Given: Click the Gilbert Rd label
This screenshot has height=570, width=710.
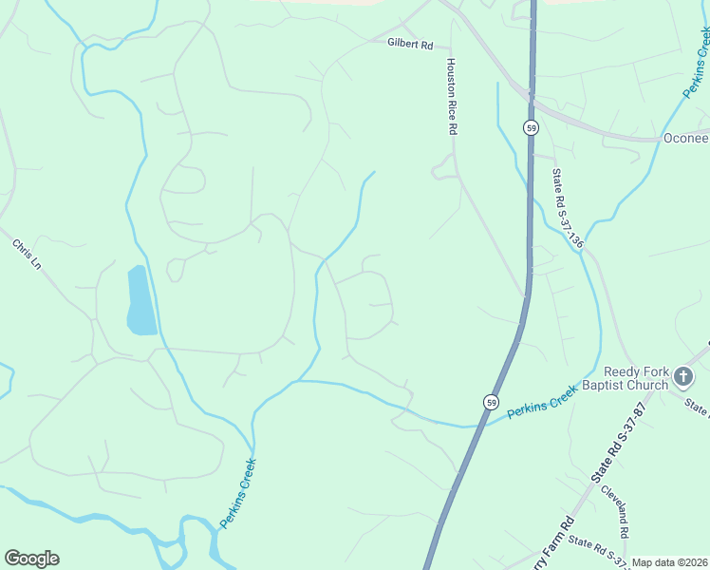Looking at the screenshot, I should pyautogui.click(x=409, y=43).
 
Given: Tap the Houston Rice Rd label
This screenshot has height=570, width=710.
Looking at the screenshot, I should pyautogui.click(x=452, y=95).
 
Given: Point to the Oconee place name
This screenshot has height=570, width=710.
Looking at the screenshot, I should pyautogui.click(x=685, y=139).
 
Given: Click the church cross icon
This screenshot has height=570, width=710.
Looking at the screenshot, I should pyautogui.click(x=682, y=378).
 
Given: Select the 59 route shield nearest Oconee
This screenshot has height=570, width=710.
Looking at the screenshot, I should pyautogui.click(x=532, y=127).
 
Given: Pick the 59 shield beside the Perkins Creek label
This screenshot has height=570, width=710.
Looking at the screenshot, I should pyautogui.click(x=490, y=403).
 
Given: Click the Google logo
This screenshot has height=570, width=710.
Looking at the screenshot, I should pyautogui.click(x=31, y=559).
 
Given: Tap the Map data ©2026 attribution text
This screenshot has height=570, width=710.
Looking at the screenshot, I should pyautogui.click(x=669, y=562).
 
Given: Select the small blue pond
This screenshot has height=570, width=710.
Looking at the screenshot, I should pyautogui.click(x=140, y=300).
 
